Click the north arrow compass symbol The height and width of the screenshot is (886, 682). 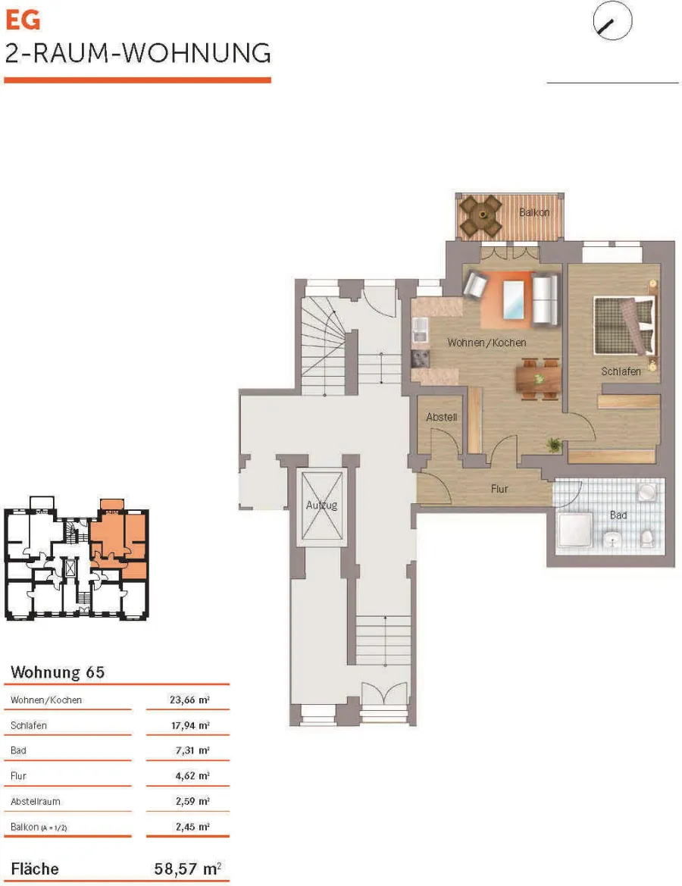pyautogui.click(x=612, y=21)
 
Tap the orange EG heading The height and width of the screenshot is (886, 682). pyautogui.click(x=23, y=20)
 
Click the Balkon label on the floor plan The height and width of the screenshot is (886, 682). pyautogui.click(x=534, y=212)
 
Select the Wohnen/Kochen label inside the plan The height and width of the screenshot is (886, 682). pyautogui.click(x=486, y=343)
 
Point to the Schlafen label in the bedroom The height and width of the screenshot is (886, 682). pyautogui.click(x=621, y=371)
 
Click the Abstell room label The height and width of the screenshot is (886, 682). pyautogui.click(x=441, y=417)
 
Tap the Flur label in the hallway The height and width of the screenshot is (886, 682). pyautogui.click(x=499, y=489)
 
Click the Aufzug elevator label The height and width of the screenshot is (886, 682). pyautogui.click(x=321, y=506)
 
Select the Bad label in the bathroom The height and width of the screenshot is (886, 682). pyautogui.click(x=618, y=515)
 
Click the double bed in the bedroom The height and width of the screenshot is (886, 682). pyautogui.click(x=625, y=326)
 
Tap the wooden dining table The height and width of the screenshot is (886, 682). pyautogui.click(x=538, y=379)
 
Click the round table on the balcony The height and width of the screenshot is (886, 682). pyautogui.click(x=482, y=214)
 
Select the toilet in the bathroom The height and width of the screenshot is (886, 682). pyautogui.click(x=648, y=538)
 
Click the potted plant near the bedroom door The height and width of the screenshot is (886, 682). pyautogui.click(x=555, y=445)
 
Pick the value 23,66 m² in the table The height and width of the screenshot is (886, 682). pyautogui.click(x=190, y=700)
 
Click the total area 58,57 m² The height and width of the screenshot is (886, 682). pyautogui.click(x=188, y=868)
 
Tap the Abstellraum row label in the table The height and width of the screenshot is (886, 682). pyautogui.click(x=35, y=801)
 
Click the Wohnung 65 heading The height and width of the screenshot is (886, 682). pyautogui.click(x=58, y=672)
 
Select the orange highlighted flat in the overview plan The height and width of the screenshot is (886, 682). pyautogui.click(x=118, y=539)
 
